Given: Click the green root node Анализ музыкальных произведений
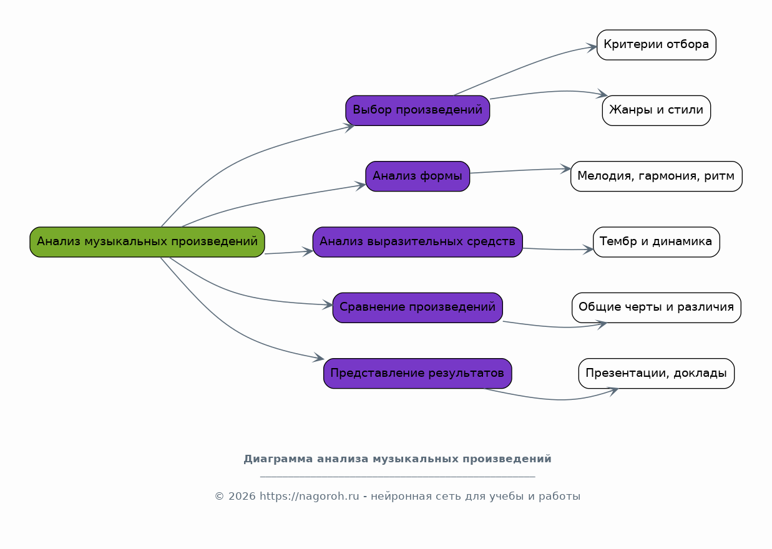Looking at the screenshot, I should pyautogui.click(x=147, y=242).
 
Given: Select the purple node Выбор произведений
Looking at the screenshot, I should pyautogui.click(x=418, y=110).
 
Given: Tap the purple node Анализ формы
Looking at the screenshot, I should pyautogui.click(x=418, y=177).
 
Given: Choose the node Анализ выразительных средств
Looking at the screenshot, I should pyautogui.click(x=418, y=242).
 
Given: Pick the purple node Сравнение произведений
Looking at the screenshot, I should pyautogui.click(x=418, y=308).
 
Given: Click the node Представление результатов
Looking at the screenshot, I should pyautogui.click(x=418, y=374).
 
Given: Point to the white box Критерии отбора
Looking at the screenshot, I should pyautogui.click(x=656, y=45).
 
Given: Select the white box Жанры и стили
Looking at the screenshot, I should pyautogui.click(x=656, y=110).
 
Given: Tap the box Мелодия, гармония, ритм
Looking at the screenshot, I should pyautogui.click(x=656, y=177).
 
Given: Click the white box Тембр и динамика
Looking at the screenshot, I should pyautogui.click(x=656, y=242).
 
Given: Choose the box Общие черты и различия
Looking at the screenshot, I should pyautogui.click(x=656, y=308).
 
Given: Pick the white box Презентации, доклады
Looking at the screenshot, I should pyautogui.click(x=656, y=374).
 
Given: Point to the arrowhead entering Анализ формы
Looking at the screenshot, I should pyautogui.click(x=361, y=185).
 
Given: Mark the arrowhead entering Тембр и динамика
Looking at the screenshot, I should pyautogui.click(x=589, y=250).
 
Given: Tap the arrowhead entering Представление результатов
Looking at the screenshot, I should pyautogui.click(x=320, y=358).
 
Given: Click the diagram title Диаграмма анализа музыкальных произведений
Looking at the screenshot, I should pyautogui.click(x=398, y=459).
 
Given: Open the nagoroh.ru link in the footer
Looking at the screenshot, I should pyautogui.click(x=310, y=497).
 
